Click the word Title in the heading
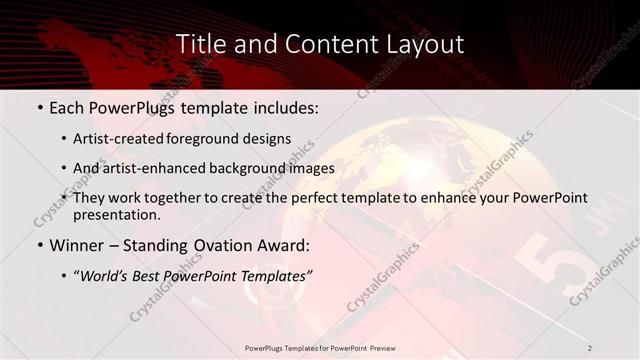201,44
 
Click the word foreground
213,139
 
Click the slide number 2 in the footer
590,348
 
